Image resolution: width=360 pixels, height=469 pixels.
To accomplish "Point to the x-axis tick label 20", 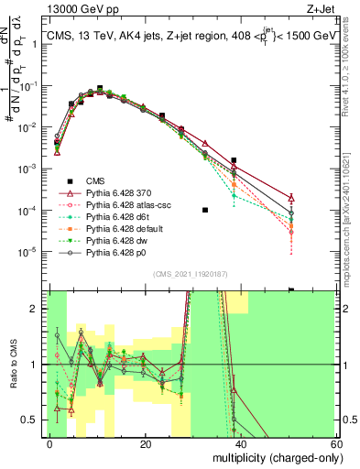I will pos(146,443).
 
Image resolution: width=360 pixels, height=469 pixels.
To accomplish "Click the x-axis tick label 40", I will pos(241,443).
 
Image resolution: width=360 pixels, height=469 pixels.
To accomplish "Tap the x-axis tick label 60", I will pos(336,443).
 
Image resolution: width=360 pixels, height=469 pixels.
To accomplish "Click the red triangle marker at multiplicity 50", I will pos(291,198).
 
